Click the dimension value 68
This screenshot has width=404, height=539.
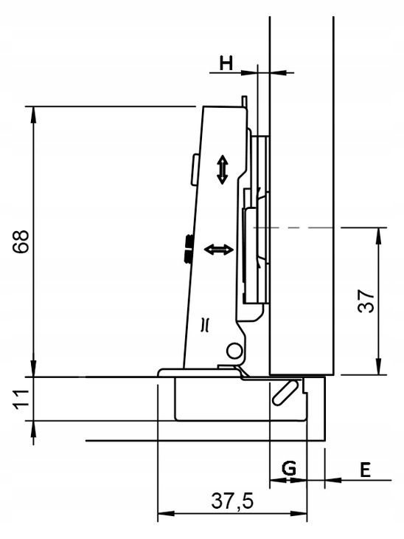[21, 241]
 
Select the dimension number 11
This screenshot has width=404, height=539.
[21, 399]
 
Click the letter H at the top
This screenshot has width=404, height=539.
[226, 63]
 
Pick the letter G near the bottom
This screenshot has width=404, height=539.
[289, 469]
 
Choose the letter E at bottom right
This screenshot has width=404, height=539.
[365, 470]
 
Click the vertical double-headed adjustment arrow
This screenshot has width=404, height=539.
[223, 170]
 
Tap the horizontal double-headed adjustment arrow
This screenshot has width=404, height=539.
[219, 250]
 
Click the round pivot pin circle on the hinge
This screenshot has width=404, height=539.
[234, 350]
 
